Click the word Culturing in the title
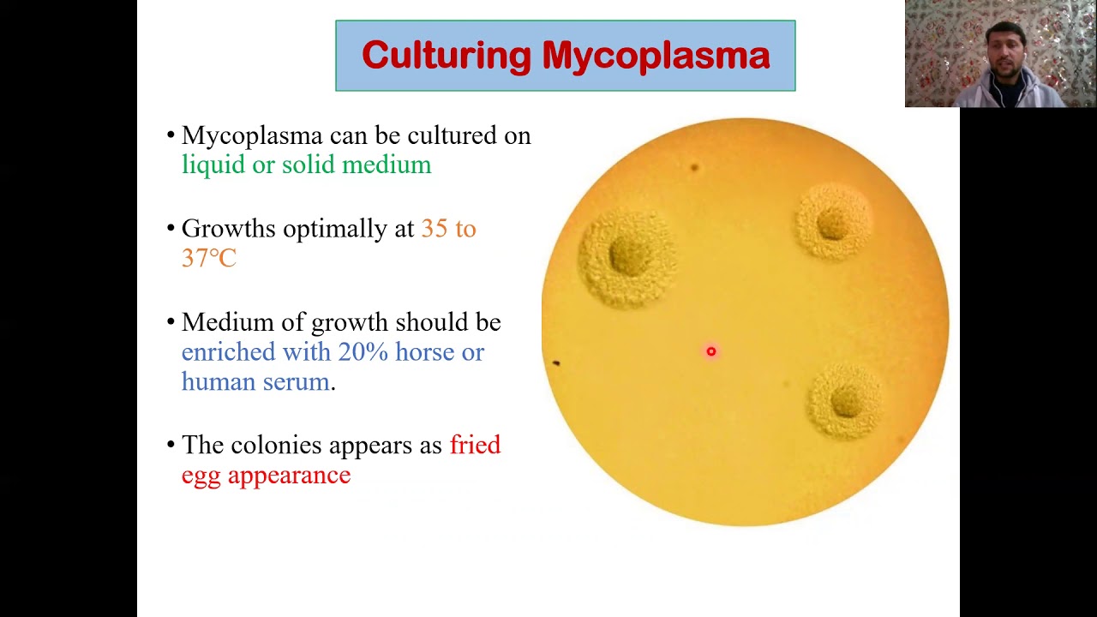point(447,57)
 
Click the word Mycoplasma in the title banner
point(656,57)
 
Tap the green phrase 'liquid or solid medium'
point(306,165)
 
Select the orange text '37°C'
point(208,258)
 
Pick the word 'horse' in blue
point(424,352)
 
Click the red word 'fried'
point(475,445)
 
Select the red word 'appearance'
point(289,475)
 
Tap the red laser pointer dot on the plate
point(710,351)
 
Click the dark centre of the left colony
point(629,256)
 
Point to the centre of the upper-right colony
point(832,225)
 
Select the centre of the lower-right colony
point(845,400)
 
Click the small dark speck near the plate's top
point(694,167)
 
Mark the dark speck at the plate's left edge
point(555,363)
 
